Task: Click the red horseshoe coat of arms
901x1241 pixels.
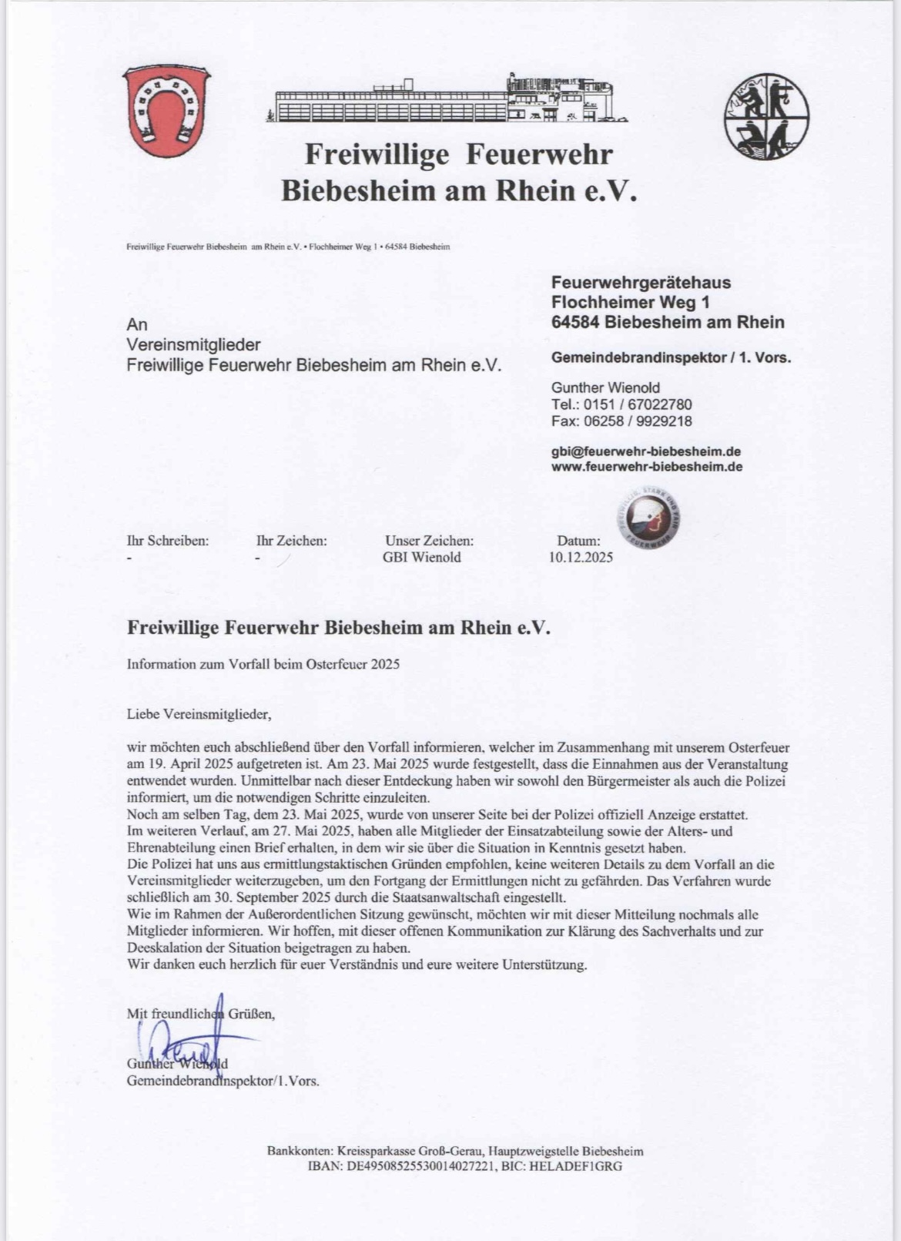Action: click(166, 111)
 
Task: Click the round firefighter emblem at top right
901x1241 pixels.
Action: click(766, 117)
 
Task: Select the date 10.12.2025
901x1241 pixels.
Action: click(581, 558)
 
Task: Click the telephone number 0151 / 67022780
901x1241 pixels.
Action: click(638, 404)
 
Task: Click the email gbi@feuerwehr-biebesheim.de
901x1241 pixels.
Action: click(646, 451)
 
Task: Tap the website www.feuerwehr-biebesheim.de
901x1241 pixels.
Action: click(647, 467)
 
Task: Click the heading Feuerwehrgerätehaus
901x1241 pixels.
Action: click(641, 283)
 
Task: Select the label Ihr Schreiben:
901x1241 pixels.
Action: click(167, 541)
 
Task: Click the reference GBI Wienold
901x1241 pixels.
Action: click(421, 558)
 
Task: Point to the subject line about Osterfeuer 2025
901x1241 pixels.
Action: click(263, 664)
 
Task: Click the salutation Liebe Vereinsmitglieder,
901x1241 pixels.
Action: click(199, 714)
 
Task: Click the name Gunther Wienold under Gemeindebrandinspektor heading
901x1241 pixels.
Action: click(605, 387)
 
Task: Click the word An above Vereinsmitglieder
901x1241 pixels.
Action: click(136, 324)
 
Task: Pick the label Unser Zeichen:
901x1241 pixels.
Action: click(429, 541)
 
